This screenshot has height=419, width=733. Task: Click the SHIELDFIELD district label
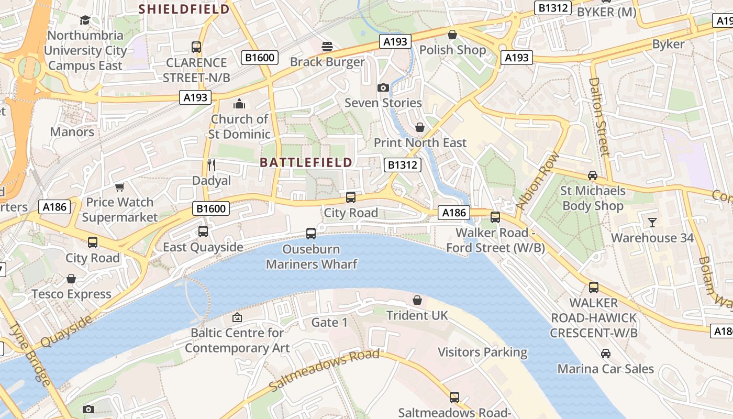click(184, 9)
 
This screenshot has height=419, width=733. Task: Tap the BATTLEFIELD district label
click(306, 162)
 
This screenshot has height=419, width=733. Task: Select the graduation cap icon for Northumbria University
click(85, 20)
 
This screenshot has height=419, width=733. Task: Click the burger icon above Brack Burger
click(327, 47)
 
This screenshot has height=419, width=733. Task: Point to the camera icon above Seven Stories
click(383, 87)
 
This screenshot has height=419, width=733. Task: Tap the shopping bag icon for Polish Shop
click(452, 35)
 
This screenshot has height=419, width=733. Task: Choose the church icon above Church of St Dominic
click(239, 104)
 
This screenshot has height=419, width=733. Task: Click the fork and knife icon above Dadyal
click(212, 166)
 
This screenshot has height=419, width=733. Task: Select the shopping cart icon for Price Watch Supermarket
click(120, 187)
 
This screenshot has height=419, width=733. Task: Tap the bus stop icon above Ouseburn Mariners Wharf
click(311, 234)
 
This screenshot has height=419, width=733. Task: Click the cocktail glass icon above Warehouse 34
click(652, 223)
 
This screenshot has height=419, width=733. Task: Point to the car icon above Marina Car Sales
click(605, 354)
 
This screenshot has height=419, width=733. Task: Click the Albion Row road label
click(538, 181)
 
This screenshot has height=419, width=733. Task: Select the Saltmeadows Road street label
click(324, 370)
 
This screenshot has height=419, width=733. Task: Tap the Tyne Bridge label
click(31, 355)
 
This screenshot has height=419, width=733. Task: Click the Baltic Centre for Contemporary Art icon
click(237, 317)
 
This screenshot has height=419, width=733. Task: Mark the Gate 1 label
click(329, 322)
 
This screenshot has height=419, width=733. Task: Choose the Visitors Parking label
click(482, 352)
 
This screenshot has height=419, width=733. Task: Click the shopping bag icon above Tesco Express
click(71, 279)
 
